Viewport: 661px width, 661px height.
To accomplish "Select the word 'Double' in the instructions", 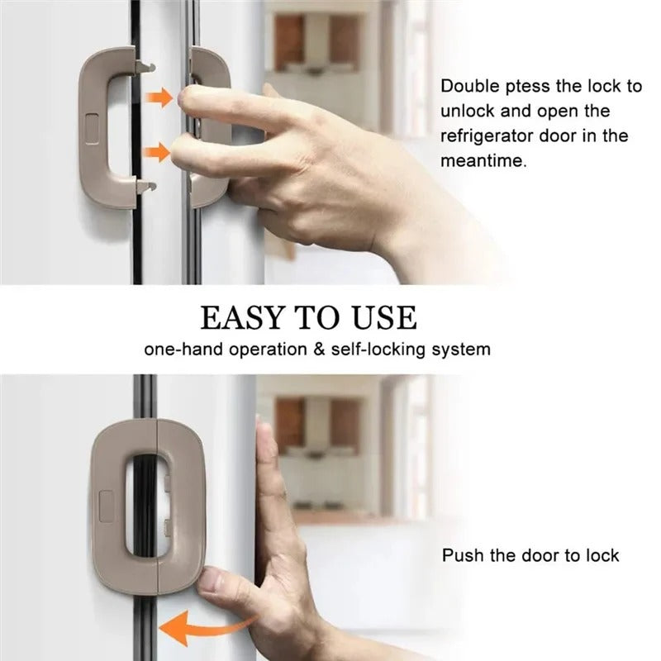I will point(468,86).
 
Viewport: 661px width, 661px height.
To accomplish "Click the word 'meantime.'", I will point(483,162).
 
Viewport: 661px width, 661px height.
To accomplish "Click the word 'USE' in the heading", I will point(383,317).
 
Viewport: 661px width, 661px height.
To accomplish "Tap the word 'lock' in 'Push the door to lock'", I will point(602,555).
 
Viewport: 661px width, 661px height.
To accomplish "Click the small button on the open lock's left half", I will point(92,124).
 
